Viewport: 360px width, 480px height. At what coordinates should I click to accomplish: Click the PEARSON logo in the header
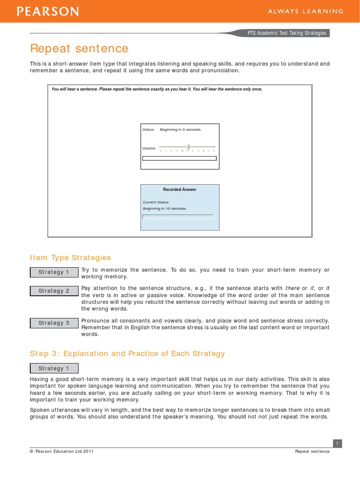[48, 12]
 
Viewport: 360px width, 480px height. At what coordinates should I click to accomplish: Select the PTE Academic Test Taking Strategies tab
[287, 33]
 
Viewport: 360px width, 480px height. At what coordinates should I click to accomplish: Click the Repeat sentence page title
[79, 49]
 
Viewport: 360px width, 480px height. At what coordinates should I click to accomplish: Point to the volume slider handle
[188, 148]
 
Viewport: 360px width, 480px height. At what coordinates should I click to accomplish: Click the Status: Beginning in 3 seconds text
[172, 129]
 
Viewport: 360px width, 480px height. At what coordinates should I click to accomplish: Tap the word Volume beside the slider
[149, 148]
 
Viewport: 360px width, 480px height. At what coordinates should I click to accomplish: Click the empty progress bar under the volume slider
[180, 158]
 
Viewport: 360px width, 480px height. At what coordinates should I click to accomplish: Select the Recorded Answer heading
[180, 189]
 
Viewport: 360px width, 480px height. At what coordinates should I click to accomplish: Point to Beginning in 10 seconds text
[165, 208]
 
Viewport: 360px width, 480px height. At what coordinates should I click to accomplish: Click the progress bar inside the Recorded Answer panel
[178, 217]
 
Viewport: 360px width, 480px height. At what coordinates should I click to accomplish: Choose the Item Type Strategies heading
[70, 257]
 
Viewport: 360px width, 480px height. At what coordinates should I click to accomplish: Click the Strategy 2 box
[54, 291]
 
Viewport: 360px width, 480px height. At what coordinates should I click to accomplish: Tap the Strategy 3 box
[54, 323]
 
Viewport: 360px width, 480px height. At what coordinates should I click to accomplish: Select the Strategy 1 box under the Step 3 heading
[54, 368]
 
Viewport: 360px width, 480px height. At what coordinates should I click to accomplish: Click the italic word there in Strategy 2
[292, 288]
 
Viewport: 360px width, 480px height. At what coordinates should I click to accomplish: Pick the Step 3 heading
[127, 353]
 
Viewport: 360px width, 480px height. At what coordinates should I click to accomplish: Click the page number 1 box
[337, 443]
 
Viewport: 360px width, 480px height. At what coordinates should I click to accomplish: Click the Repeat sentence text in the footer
[312, 451]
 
